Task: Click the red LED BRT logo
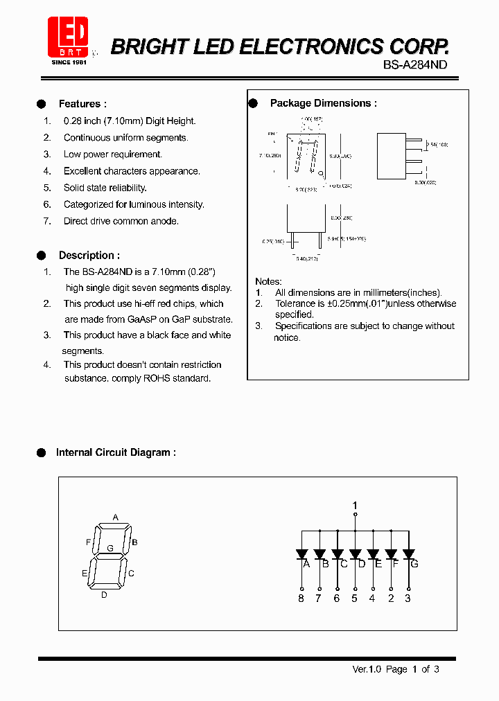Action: pos(67,36)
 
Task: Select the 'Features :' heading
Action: pos(82,104)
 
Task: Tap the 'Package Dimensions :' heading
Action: pos(323,103)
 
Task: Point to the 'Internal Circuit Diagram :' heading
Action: pos(116,452)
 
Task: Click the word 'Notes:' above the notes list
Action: pos(268,281)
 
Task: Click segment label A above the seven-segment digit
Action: pos(116,517)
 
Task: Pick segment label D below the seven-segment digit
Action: pos(104,594)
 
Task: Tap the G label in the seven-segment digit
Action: pos(110,548)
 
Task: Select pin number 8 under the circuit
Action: pos(301,598)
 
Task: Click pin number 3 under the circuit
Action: pos(408,598)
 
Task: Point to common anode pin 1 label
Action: pos(355,505)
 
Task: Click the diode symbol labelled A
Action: pos(301,553)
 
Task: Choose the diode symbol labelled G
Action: pos(408,553)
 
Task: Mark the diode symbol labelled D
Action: pos(355,553)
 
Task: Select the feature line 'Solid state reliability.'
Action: pos(105,188)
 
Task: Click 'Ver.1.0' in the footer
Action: pos(367,669)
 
